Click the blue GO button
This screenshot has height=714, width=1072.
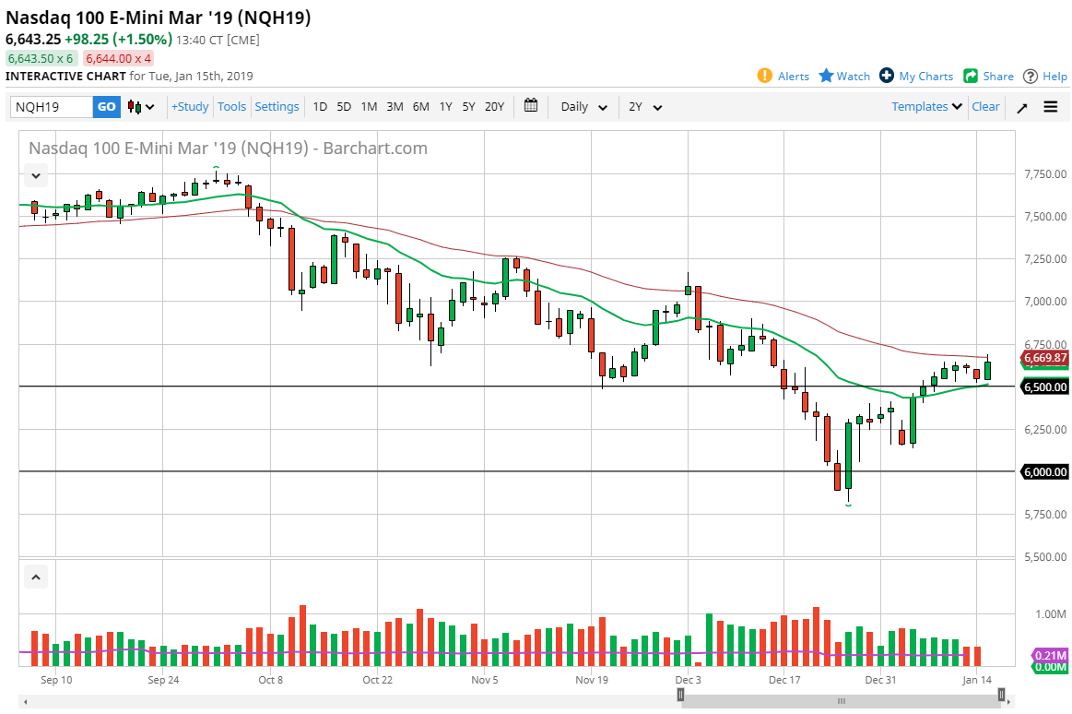107,107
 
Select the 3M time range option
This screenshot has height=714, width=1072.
395,107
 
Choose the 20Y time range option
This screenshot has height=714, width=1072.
494,107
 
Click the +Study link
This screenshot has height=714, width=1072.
190,107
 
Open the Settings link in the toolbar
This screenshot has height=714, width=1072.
277,107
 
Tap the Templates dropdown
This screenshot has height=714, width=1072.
926,107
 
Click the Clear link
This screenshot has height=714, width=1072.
985,107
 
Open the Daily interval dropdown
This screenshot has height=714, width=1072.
584,107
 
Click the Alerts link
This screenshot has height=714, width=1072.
783,77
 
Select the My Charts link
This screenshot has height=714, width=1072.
916,77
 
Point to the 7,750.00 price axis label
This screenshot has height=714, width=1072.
1044,174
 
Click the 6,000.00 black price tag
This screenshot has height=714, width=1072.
1044,471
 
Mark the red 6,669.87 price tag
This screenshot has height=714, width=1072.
1044,358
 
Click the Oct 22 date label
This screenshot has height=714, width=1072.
377,681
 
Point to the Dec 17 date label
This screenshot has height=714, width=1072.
784,681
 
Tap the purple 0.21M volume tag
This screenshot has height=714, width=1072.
1050,654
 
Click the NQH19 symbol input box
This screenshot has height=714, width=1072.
52,107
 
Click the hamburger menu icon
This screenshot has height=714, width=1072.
1051,107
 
